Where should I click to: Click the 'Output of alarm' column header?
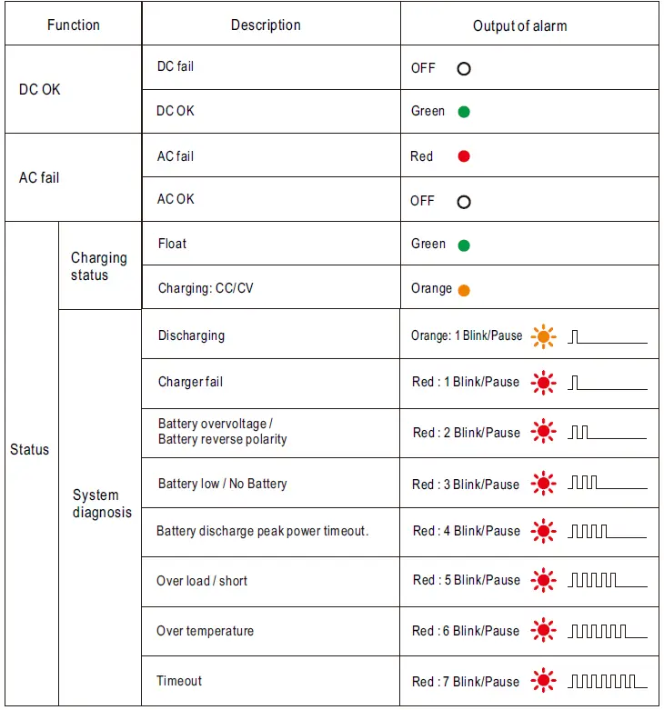(x=519, y=26)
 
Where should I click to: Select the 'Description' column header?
(x=266, y=25)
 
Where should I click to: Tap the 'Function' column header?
(x=73, y=25)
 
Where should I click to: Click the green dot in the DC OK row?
(x=464, y=113)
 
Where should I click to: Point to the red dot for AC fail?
(x=464, y=156)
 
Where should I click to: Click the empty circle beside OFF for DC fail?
(x=464, y=68)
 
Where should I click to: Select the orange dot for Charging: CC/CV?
(x=464, y=291)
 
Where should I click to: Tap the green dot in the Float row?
(x=464, y=245)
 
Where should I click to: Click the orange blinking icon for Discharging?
(x=543, y=337)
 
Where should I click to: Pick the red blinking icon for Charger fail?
(x=544, y=383)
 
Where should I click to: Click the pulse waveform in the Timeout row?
(x=608, y=681)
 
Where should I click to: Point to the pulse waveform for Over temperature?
(x=608, y=631)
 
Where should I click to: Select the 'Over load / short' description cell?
(x=202, y=581)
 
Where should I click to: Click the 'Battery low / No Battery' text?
(x=222, y=484)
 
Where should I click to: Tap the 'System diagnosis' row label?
(x=102, y=504)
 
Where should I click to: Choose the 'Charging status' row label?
(x=99, y=266)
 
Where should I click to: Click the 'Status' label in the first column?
(x=30, y=450)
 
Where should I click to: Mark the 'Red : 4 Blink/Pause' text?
(x=467, y=531)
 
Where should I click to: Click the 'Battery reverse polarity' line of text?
(x=222, y=440)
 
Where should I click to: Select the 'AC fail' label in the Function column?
(x=39, y=178)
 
